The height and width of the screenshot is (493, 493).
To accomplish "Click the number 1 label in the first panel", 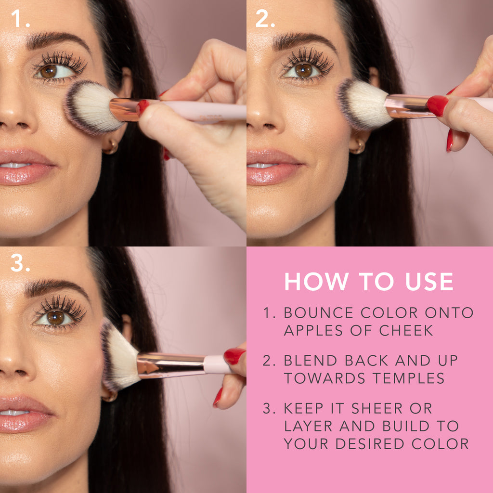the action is click(x=20, y=18).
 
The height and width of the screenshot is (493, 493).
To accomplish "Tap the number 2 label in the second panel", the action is click(x=265, y=18).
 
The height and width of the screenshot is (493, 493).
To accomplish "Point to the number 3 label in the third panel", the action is click(x=20, y=262).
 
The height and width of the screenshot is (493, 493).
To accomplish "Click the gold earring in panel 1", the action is click(x=111, y=146).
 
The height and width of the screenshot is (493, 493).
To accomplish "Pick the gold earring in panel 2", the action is click(x=358, y=146).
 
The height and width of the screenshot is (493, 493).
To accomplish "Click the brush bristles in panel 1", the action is click(x=91, y=107).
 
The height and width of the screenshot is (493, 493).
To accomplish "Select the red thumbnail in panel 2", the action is click(x=437, y=105).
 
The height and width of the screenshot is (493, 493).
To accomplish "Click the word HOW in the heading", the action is click(x=316, y=281).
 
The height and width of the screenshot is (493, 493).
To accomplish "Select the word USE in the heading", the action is click(x=429, y=281).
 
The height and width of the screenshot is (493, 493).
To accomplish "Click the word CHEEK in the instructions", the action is click(x=406, y=330).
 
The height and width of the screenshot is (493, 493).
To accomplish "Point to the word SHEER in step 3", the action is click(x=377, y=408).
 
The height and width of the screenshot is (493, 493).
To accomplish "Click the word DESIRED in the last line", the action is click(x=370, y=443).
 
